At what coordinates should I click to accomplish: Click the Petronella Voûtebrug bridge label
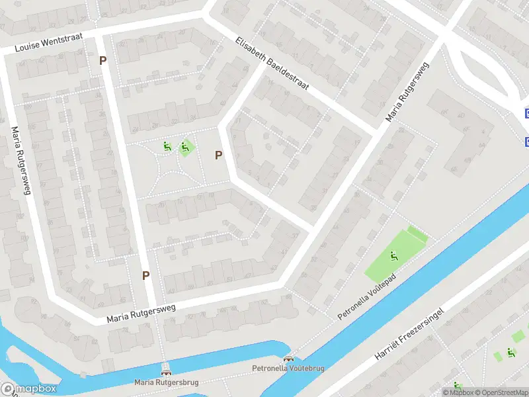click(x=288, y=368)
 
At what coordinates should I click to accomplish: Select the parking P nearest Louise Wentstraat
click(x=102, y=60)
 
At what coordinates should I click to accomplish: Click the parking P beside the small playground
click(x=218, y=155)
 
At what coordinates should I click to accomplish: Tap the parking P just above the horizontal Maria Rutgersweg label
click(x=145, y=275)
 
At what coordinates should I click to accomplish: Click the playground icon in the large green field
click(x=393, y=255)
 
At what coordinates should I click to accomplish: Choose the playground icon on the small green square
click(x=184, y=148)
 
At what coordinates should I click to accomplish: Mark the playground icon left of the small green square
click(x=167, y=146)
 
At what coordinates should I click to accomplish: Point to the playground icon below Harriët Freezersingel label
click(x=510, y=353)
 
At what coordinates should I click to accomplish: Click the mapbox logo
click(x=29, y=389)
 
